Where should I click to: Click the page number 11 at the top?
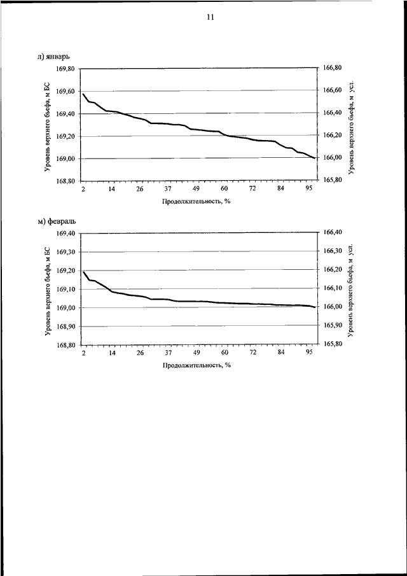click(x=210, y=17)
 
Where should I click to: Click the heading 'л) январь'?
click(x=54, y=57)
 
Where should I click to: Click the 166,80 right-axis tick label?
click(x=333, y=68)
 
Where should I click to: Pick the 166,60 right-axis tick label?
click(x=333, y=90)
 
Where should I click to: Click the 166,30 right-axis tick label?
click(x=333, y=251)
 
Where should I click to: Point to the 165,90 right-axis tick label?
click(x=333, y=325)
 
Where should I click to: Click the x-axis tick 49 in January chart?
click(x=197, y=189)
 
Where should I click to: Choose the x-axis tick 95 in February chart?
click(x=310, y=353)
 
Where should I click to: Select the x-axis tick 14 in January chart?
click(x=112, y=189)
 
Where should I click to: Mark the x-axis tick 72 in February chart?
click(x=253, y=353)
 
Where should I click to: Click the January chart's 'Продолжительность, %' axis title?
click(x=196, y=201)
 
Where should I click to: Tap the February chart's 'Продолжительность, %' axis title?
click(x=196, y=365)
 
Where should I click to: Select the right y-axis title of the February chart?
click(x=351, y=289)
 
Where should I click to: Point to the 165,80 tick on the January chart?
click(x=333, y=180)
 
